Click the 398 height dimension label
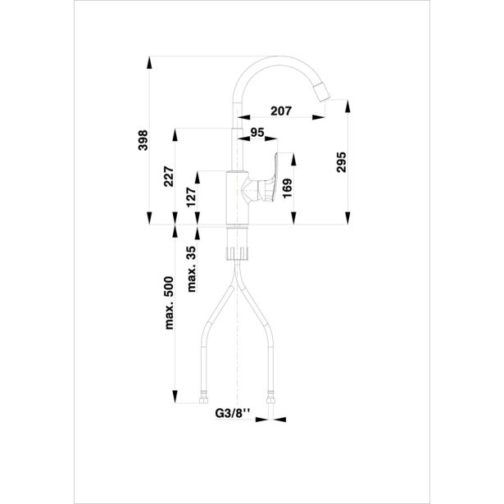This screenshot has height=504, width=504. (143, 139)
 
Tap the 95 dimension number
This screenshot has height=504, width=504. (257, 132)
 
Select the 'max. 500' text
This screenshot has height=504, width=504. (170, 302)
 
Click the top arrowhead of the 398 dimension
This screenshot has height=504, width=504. (149, 61)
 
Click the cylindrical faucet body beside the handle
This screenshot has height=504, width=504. (236, 197)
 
